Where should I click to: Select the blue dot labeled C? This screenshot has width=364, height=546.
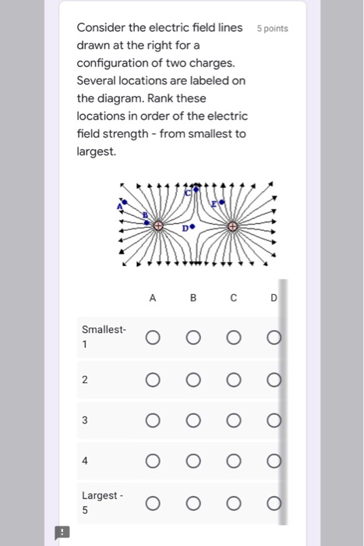[x=196, y=188]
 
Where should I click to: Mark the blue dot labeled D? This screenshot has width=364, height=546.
[x=191, y=229]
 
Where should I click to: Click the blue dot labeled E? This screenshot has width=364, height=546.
[x=224, y=202]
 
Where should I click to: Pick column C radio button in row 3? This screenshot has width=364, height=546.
[x=233, y=420]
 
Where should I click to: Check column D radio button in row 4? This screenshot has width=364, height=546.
[x=272, y=460]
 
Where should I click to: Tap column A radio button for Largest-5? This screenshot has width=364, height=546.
[x=153, y=502]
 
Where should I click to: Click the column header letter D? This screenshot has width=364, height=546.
[x=273, y=297]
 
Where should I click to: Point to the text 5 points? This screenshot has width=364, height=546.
[x=272, y=29]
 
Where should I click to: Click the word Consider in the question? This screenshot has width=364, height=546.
[x=101, y=28]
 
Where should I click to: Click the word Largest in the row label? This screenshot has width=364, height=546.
[x=99, y=495]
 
